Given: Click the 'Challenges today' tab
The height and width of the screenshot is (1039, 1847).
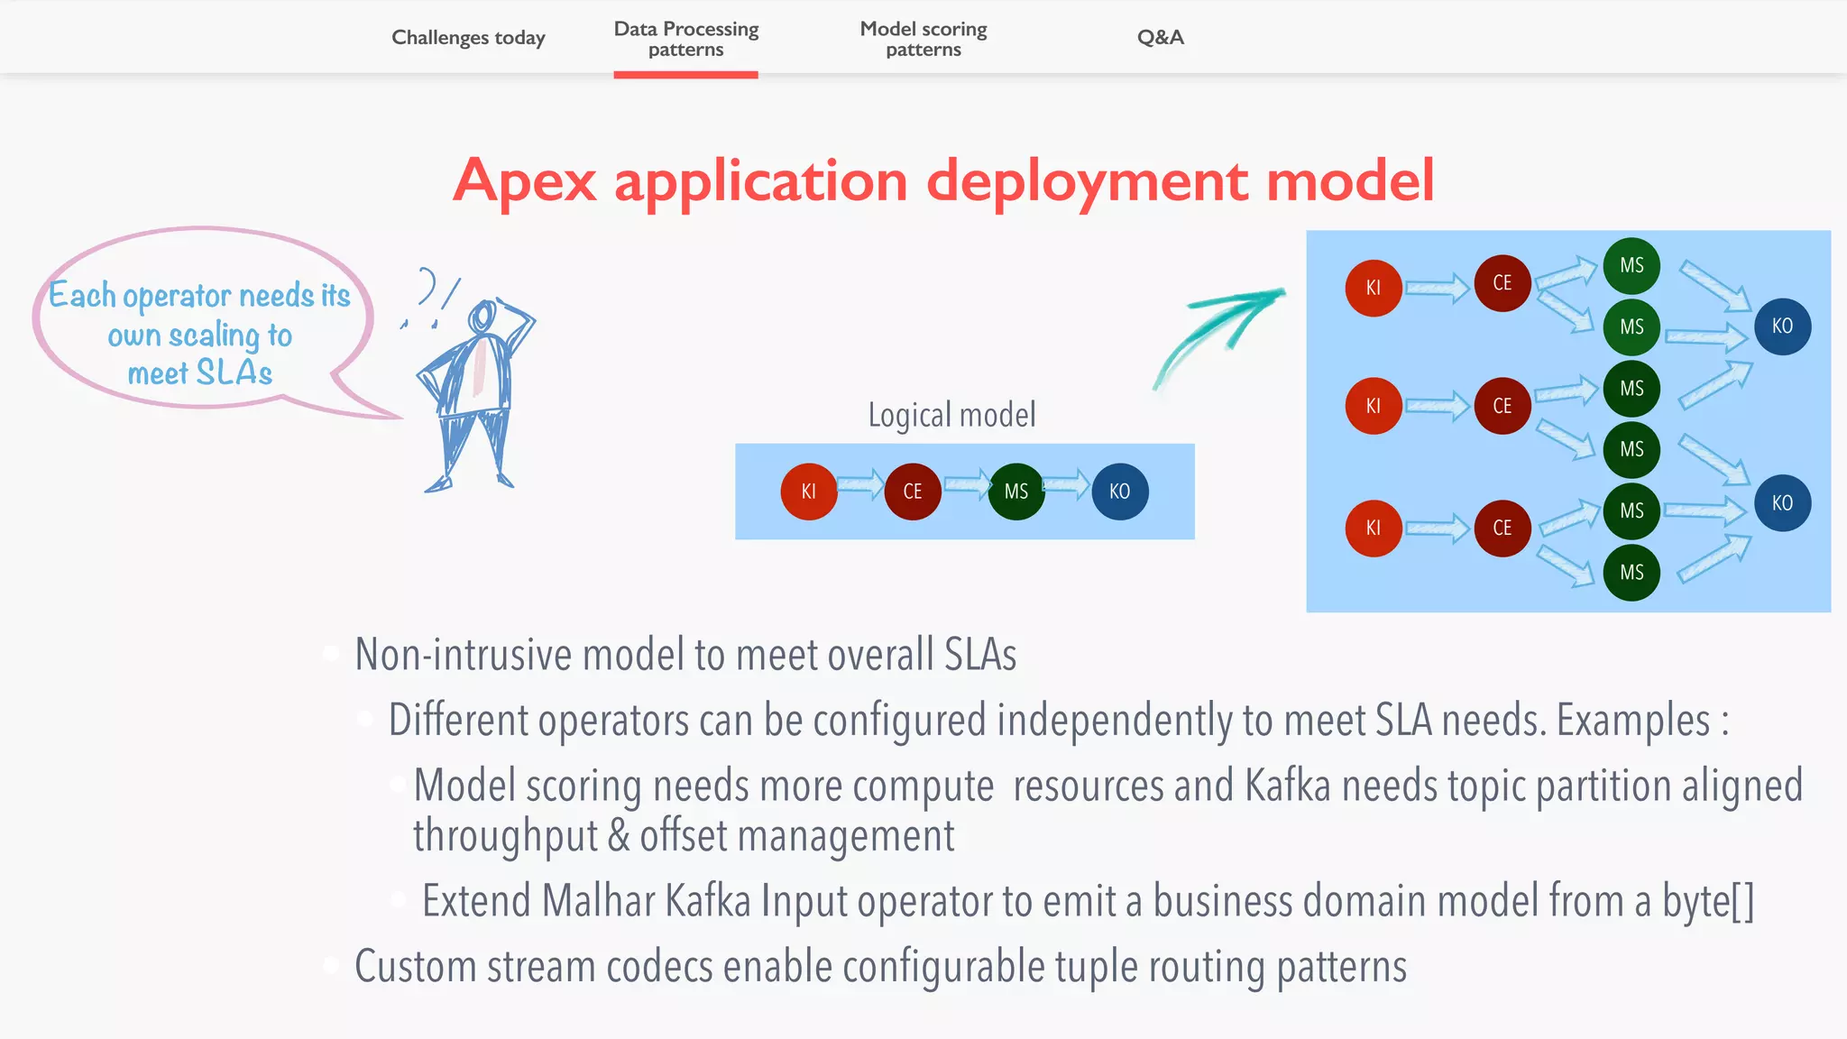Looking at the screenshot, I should click(468, 38).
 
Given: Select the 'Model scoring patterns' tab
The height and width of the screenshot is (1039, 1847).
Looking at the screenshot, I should click(923, 39).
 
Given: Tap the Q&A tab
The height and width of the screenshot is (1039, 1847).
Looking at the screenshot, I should click(1160, 38).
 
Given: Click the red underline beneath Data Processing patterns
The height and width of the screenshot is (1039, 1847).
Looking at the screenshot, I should click(685, 75).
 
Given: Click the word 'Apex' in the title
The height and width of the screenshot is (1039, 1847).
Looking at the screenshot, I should click(524, 181).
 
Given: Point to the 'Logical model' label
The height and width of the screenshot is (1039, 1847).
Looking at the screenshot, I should click(951, 415).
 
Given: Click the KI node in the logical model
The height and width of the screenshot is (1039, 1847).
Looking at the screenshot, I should click(808, 492).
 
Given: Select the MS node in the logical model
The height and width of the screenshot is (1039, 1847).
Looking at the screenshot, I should click(1016, 492).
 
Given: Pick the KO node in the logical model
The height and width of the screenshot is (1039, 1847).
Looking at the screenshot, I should click(1119, 492).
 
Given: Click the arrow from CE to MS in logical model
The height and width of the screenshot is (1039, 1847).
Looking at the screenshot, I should click(966, 485).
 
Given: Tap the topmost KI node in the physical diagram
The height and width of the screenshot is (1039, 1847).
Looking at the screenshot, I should click(1373, 288).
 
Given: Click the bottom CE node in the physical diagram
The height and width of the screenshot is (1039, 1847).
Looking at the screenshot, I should click(1502, 528).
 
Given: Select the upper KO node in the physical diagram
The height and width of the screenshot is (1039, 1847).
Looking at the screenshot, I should click(1782, 326).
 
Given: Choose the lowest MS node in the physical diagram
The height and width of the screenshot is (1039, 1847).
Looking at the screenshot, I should click(1631, 572).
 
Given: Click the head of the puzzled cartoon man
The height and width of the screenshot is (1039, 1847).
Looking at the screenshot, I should click(482, 317).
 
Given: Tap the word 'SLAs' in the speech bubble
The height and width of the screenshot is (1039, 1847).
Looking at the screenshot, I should click(234, 372).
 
